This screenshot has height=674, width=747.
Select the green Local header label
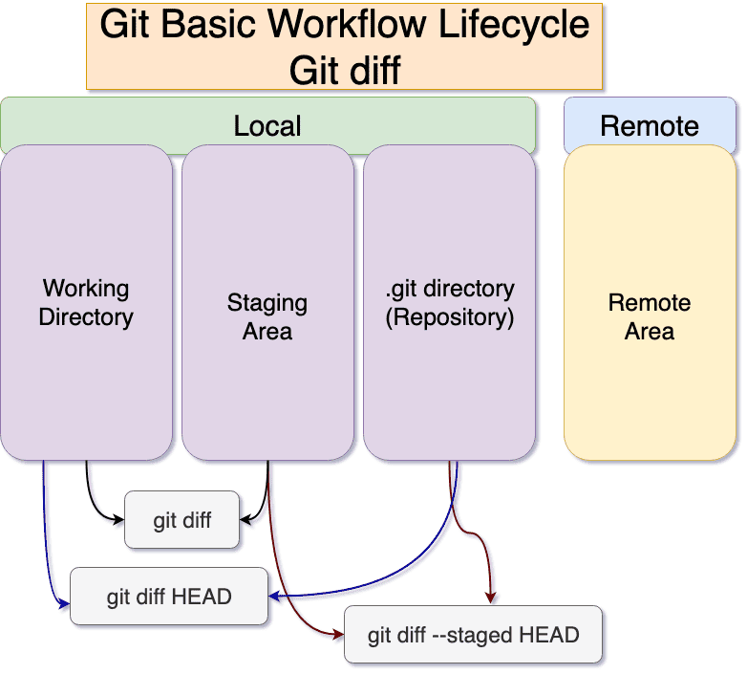pos(267,125)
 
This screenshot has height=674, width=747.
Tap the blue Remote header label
pos(650,125)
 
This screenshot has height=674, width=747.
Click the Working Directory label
pos(86,302)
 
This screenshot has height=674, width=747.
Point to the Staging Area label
pos(267,317)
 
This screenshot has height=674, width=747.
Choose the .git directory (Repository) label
pos(450,302)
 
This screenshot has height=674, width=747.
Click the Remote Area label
pos(650,317)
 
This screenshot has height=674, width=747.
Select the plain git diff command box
pos(182,521)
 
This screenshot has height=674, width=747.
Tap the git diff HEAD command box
pos(169,597)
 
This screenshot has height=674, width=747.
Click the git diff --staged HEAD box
pos(473,635)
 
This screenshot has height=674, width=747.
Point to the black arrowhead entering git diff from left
pos(119,521)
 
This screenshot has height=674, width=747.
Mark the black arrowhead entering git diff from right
pos(245,521)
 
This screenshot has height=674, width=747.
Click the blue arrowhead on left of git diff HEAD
pos(65,604)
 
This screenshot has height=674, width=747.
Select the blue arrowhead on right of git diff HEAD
pos(274,597)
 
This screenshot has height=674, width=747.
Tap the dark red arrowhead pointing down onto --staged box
pos(491,598)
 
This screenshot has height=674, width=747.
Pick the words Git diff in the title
pos(345,70)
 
